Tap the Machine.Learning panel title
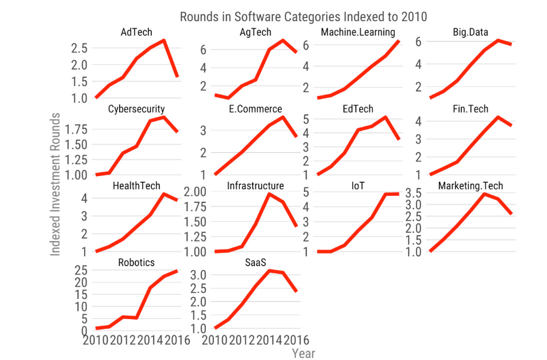pos(358,32)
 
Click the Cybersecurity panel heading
pos(136,109)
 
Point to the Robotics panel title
pos(136,262)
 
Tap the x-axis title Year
pos(303,353)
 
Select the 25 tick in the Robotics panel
pos(83,270)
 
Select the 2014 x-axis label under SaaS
pos(269,340)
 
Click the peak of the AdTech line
pos(164,40)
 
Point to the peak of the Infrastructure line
pos(269,193)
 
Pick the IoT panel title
pos(358,185)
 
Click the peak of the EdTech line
pos(385,117)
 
